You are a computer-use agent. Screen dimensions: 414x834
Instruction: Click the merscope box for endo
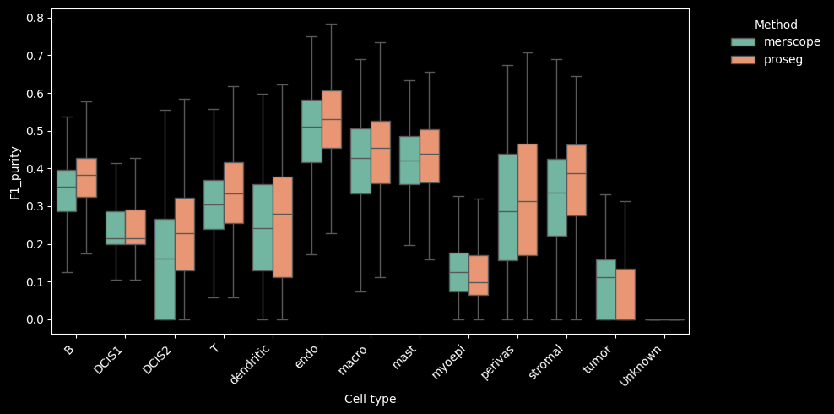tap(311, 131)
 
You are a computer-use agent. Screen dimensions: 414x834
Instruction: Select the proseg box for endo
tap(332, 119)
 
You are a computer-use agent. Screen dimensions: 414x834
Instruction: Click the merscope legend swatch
tap(744, 42)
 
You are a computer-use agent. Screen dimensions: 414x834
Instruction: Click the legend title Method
tap(776, 25)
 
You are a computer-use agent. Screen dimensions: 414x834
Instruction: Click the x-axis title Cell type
tap(370, 399)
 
